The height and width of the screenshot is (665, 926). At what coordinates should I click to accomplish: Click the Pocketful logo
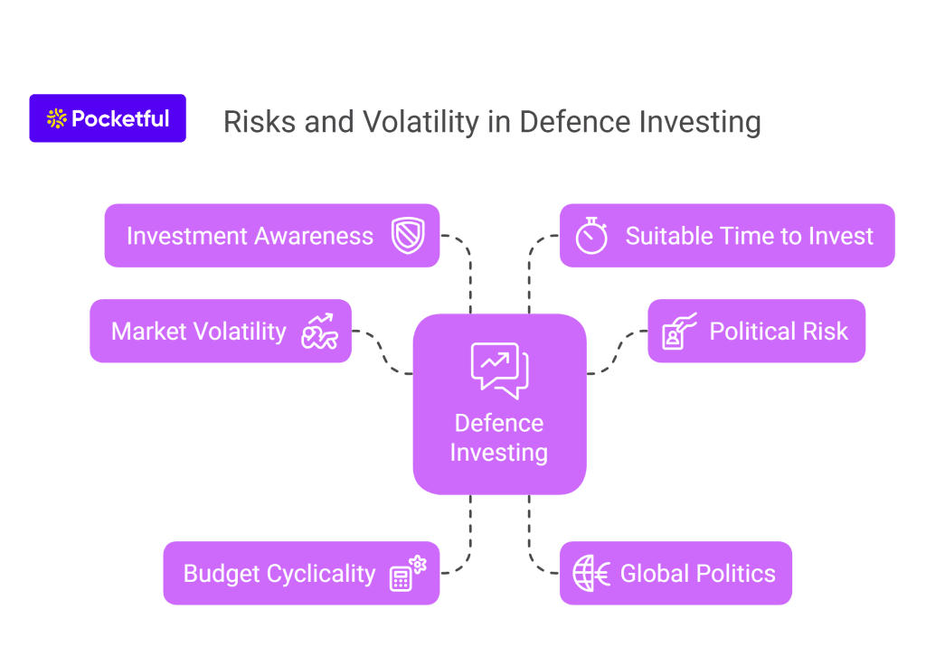point(108,118)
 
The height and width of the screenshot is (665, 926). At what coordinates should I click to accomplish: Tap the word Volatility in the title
point(421,122)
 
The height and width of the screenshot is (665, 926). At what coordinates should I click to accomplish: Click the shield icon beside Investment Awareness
point(408,236)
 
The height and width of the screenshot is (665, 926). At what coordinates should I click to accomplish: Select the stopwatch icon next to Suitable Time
point(591,236)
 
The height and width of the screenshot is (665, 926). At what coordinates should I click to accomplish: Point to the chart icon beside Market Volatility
point(319,331)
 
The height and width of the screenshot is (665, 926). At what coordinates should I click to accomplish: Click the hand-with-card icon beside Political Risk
point(679,331)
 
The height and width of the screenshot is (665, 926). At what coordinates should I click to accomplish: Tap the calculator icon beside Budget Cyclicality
point(408,573)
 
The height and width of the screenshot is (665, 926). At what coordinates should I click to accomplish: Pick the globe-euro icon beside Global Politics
point(591,573)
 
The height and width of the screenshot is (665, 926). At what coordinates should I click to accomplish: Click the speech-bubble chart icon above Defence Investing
point(499,370)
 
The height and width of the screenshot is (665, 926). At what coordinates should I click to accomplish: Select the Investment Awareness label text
point(250,236)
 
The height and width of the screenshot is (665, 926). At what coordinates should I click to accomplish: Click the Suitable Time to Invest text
point(749,236)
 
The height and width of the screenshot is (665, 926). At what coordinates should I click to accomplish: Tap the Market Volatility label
point(198,332)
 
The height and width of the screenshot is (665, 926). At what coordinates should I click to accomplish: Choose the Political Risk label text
point(779,331)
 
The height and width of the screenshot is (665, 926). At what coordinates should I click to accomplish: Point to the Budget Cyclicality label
point(279,574)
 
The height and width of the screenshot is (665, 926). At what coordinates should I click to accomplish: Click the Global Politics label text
point(697,574)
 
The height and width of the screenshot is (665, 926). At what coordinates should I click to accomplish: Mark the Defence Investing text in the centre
point(499,438)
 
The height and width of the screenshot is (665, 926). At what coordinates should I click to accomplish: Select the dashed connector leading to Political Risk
point(617,351)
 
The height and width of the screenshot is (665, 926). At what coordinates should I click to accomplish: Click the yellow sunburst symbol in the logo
point(57,118)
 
